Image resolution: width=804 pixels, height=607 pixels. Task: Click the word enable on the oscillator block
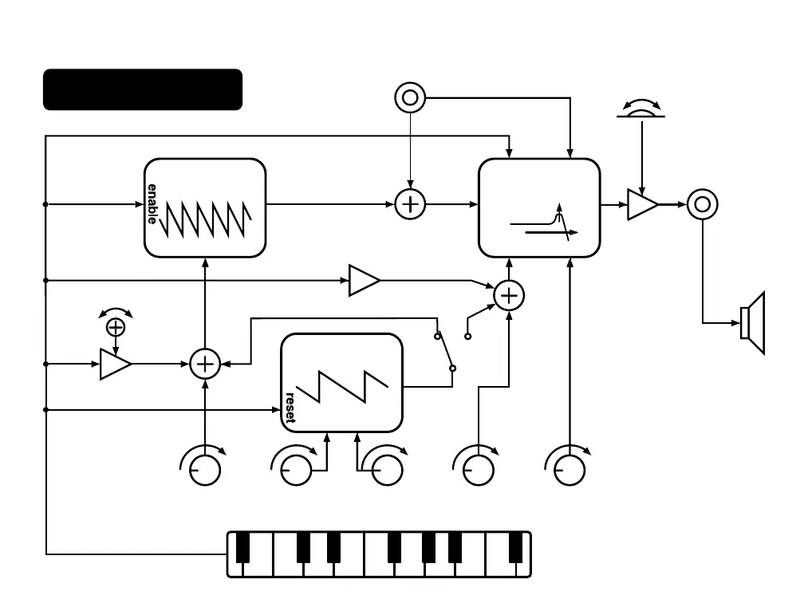[x=152, y=204]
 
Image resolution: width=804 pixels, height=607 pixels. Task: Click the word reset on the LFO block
[x=290, y=408]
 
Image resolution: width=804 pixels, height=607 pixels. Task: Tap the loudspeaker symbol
[x=753, y=323]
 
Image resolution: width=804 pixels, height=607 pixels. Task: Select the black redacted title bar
[x=143, y=89]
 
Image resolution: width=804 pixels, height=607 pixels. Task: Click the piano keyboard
[x=379, y=554]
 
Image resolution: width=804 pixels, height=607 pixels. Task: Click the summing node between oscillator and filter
[x=410, y=204]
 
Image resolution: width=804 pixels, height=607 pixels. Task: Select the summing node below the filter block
[x=509, y=296]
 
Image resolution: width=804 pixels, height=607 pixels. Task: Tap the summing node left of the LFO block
[x=205, y=364]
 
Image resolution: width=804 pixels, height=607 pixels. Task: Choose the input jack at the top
[x=410, y=97]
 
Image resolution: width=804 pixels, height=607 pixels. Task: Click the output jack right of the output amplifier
[x=703, y=204]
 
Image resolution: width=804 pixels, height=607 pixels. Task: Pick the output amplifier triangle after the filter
[x=643, y=204]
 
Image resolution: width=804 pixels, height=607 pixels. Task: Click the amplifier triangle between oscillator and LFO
[x=364, y=281]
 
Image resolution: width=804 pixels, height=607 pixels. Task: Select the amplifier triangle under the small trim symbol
[x=116, y=364]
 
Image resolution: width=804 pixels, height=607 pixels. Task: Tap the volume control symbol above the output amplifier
[x=641, y=108]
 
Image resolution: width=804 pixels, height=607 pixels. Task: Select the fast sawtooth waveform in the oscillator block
[x=205, y=219]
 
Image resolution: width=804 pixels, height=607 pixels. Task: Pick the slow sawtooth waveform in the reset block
[x=342, y=387]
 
